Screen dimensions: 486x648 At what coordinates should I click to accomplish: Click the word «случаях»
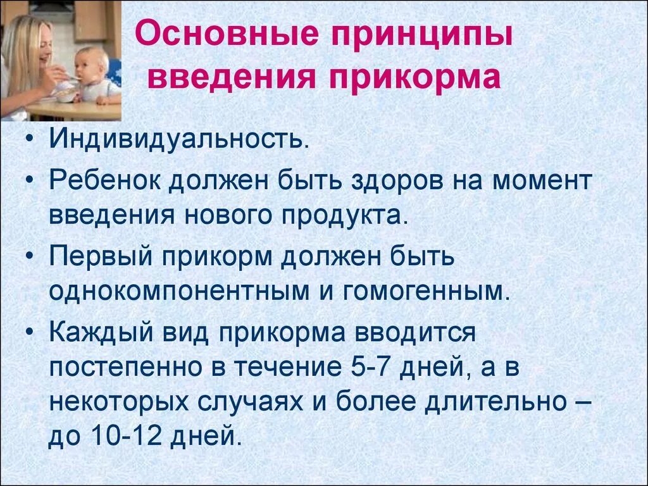257,402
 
